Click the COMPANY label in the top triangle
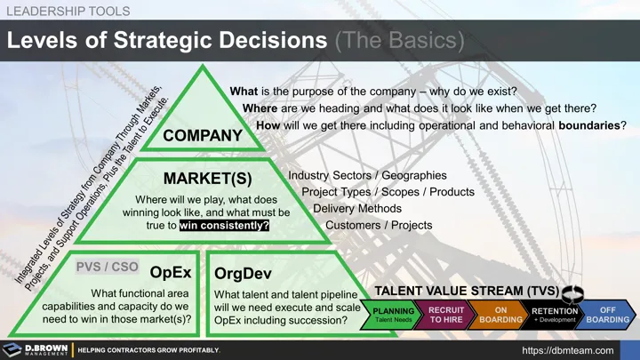click(203, 135)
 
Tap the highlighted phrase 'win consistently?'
click(224, 226)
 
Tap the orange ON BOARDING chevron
click(500, 315)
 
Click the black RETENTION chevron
click(555, 315)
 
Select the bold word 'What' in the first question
click(244, 92)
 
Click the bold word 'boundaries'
click(588, 125)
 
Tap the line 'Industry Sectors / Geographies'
click(367, 176)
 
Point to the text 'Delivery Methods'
click(357, 208)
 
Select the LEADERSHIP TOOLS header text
click(68, 12)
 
